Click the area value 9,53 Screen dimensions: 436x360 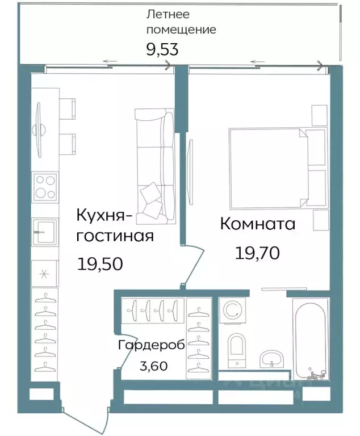coord(162,49)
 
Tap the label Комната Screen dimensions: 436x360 coord(257,224)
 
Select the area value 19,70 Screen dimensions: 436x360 coord(257,253)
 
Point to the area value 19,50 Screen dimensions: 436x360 coord(101,263)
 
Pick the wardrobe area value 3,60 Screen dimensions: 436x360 coord(153,366)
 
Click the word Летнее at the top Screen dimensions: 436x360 coord(168,14)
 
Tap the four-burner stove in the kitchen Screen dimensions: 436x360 coord(45,187)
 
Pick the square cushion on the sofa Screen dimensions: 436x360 coord(152,194)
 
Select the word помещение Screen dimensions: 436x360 coord(181,30)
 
